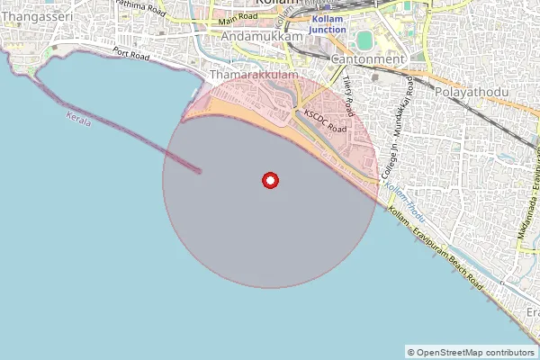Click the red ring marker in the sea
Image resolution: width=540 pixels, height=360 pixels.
[x=269, y=181]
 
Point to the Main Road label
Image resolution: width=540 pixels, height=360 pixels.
[x=238, y=18]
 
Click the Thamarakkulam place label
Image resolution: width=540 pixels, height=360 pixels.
[x=251, y=77]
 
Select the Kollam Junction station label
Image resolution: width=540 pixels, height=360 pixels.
[x=327, y=25]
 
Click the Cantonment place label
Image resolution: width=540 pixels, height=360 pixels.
[x=367, y=58]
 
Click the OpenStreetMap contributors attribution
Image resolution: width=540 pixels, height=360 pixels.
[x=471, y=352]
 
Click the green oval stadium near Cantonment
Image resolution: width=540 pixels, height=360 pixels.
[x=364, y=40]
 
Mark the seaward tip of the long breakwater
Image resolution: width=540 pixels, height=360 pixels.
[x=199, y=170]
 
